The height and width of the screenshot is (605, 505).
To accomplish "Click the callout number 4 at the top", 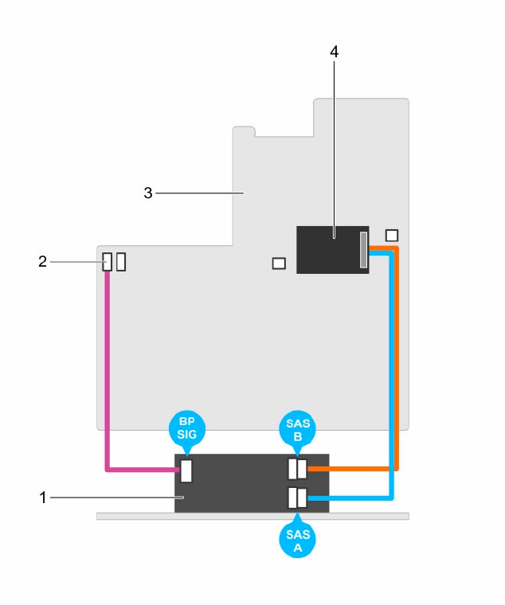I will click(x=335, y=52).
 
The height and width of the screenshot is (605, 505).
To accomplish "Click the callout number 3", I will click(x=147, y=192).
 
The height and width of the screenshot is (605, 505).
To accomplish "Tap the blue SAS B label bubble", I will click(x=296, y=431).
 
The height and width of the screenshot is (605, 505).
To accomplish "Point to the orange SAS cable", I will click(x=397, y=358).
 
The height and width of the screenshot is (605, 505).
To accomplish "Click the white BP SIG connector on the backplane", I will click(x=187, y=470).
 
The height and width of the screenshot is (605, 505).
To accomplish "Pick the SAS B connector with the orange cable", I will click(x=296, y=470).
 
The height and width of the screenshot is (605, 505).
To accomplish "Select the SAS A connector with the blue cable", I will click(x=296, y=498).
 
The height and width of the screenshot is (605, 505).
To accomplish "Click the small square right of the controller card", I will click(x=391, y=235).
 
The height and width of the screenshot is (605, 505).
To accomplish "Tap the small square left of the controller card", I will click(x=278, y=263).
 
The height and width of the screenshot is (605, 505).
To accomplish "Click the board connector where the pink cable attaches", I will click(x=108, y=262).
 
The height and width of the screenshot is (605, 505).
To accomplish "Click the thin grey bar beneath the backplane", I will click(x=127, y=516).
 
